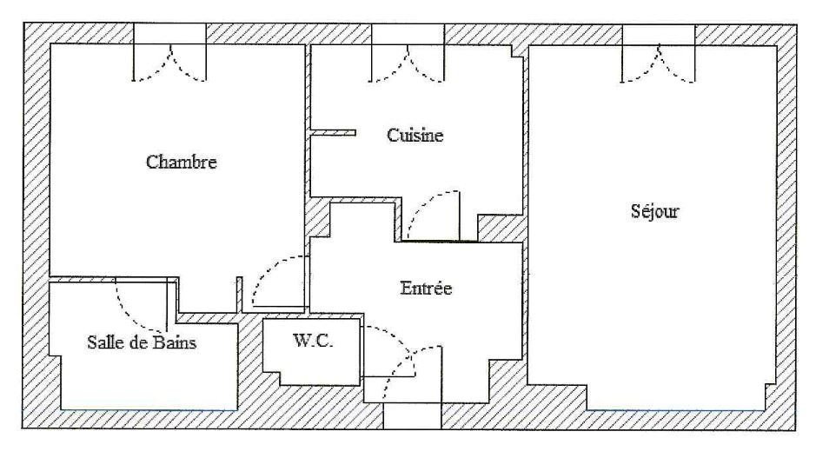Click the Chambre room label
181,162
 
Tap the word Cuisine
415,136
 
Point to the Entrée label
426,289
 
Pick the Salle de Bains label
142,342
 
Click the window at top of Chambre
169,53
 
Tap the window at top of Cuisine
408,53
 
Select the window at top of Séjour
659,54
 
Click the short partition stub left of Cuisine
334,133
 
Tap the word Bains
174,342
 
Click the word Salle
103,342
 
